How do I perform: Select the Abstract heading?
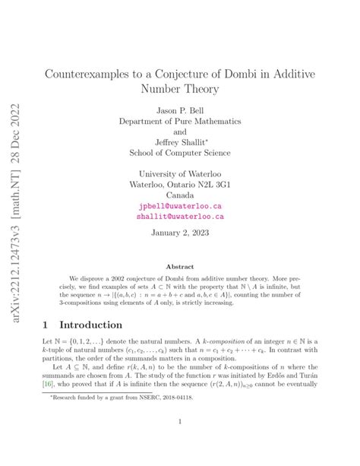pyautogui.click(x=179, y=266)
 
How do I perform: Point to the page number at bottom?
pyautogui.click(x=179, y=442)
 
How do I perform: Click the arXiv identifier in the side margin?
pyautogui.click(x=14, y=236)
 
